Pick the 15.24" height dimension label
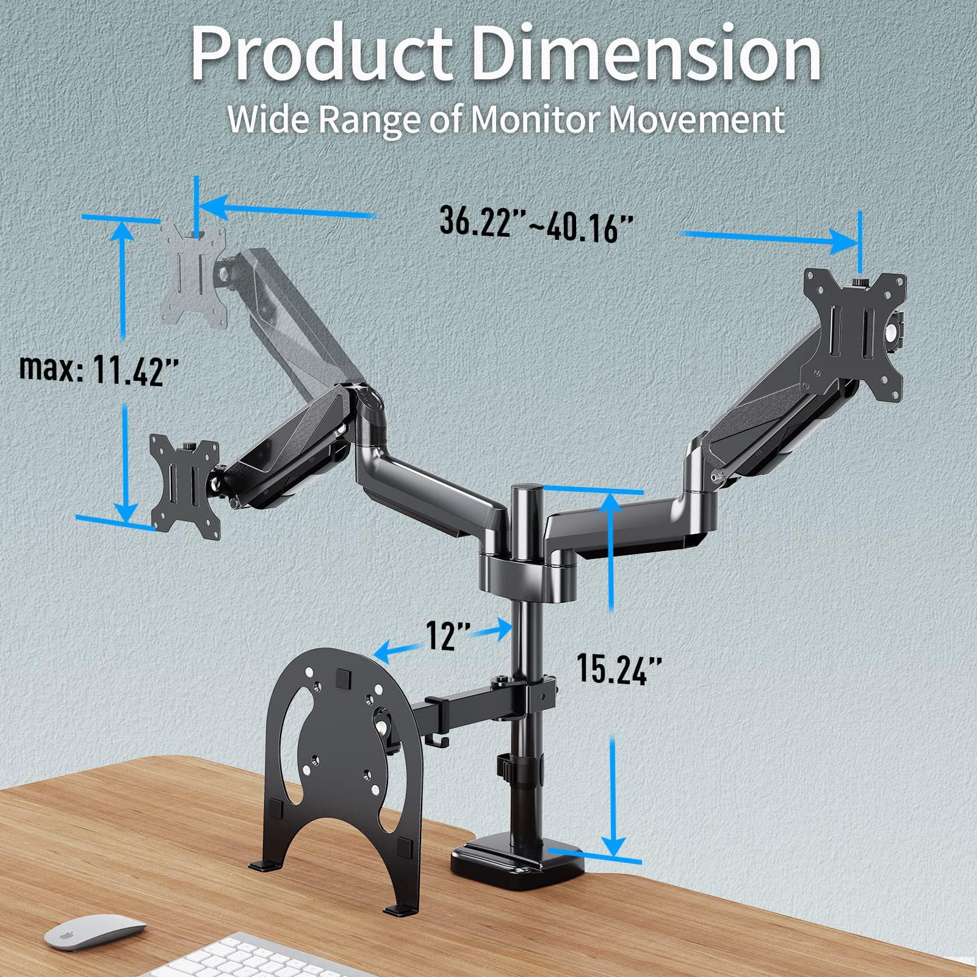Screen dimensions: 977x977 (618, 668)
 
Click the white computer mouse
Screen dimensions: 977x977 (95, 931)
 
